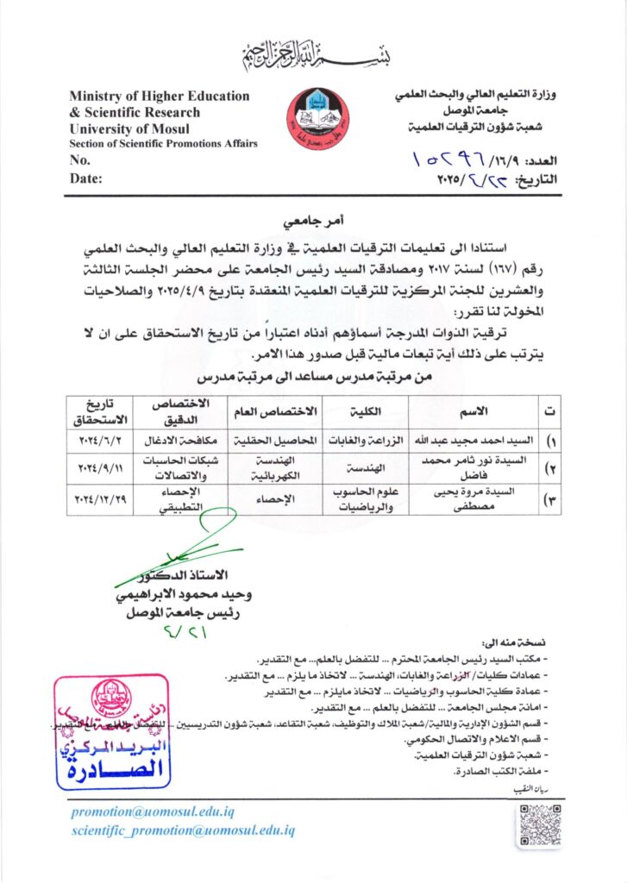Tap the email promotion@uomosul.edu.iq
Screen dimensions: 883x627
(x=153, y=811)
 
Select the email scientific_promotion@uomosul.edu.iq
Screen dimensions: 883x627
(x=183, y=830)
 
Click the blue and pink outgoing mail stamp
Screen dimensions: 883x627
(x=110, y=732)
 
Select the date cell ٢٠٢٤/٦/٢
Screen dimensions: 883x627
(x=103, y=440)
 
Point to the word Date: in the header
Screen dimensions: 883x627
(x=86, y=178)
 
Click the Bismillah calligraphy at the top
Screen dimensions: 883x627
(x=312, y=56)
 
